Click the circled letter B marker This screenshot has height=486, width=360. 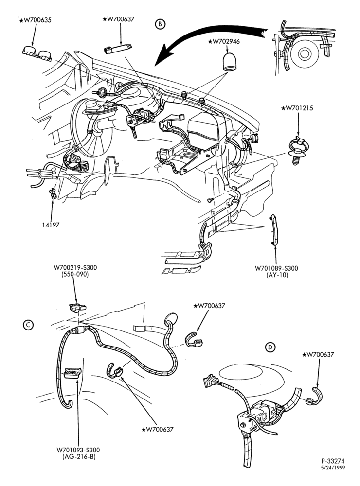160,24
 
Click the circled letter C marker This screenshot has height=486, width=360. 28,325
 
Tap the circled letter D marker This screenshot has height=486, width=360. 270,347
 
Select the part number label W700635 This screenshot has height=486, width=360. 36,20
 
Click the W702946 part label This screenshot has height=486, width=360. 224,41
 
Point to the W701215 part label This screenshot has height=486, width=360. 297,108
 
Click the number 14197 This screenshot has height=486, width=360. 51,225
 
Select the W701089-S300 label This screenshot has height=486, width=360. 276,268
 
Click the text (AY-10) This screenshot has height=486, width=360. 277,275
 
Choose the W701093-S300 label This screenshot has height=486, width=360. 78,450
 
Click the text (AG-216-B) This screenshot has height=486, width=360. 78,456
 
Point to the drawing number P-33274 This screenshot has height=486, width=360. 333,461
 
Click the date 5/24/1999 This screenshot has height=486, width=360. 333,468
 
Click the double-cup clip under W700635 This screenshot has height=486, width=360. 37,53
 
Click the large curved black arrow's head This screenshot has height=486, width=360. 163,55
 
